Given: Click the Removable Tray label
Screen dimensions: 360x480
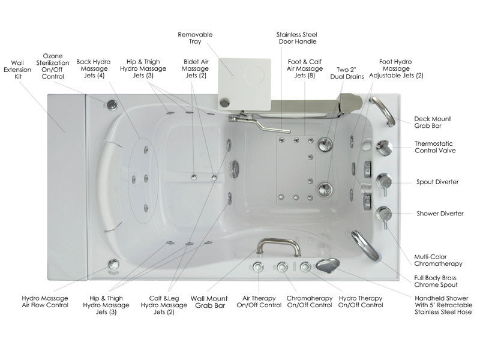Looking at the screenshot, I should click(x=195, y=39).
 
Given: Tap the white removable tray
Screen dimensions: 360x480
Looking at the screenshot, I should click(x=245, y=76).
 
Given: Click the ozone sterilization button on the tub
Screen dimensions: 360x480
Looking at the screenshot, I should click(x=112, y=104).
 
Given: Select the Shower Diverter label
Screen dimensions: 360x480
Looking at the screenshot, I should click(x=440, y=213).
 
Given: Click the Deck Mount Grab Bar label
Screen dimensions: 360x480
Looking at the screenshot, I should click(x=433, y=122).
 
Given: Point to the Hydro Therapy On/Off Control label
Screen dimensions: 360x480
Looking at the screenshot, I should click(x=361, y=301).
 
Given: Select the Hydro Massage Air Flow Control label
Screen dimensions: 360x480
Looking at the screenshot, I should click(x=45, y=301).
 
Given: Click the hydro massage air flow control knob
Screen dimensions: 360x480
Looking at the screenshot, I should click(x=113, y=263).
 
